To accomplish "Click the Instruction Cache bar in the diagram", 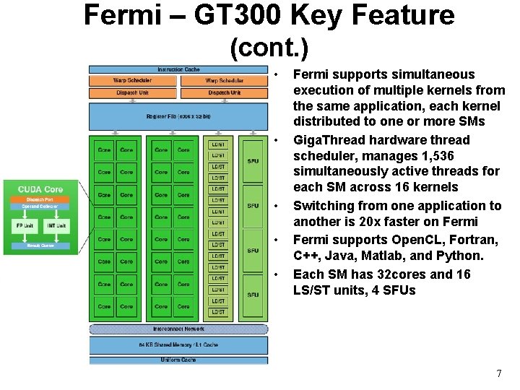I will [178, 69].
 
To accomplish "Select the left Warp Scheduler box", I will [133, 81].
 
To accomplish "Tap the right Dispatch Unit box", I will [224, 92].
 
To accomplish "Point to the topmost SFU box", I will [253, 161].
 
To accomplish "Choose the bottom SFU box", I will [253, 295].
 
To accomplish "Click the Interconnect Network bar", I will [178, 329].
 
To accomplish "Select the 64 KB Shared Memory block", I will [178, 344].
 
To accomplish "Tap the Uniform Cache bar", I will [178, 359].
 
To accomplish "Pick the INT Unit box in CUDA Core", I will [57, 226].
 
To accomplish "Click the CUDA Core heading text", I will [40, 189].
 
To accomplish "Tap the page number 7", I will [498, 373].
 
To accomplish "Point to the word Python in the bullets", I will [459, 256].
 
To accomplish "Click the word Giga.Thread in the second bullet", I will [327, 140].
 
